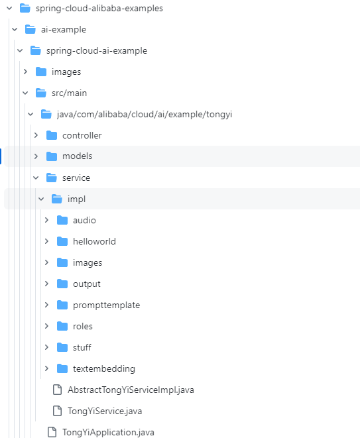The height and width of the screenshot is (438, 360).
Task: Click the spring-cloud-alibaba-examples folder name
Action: coord(99,9)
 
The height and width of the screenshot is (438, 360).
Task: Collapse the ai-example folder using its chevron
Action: coord(15,29)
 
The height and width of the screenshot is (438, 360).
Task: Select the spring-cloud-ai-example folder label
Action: coord(97,51)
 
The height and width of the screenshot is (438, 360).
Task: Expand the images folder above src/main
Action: coord(25,72)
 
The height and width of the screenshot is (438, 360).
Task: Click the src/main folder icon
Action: coord(41,93)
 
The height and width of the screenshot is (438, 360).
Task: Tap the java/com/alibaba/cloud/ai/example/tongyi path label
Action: coord(145,115)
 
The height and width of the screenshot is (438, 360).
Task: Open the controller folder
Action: coord(82,135)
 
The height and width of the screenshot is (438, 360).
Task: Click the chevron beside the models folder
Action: coord(36,156)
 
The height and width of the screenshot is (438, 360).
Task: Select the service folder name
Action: coord(76,178)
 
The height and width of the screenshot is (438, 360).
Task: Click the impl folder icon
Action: coord(57,199)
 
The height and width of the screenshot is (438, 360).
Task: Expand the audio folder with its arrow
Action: coord(46,220)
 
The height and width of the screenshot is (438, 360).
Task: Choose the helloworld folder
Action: coord(94,241)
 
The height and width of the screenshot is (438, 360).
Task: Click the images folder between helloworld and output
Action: coord(88,263)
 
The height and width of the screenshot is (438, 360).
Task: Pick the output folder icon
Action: coord(62,284)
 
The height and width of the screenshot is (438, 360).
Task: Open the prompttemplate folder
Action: coord(106,305)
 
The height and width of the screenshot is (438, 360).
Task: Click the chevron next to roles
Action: coord(46,326)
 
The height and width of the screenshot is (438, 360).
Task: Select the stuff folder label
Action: coord(82,347)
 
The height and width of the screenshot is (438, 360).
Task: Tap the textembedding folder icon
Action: coord(62,368)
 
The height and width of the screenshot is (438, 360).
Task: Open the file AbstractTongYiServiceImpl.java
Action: coord(131,390)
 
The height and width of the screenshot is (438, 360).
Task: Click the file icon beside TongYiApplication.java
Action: coord(52,432)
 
